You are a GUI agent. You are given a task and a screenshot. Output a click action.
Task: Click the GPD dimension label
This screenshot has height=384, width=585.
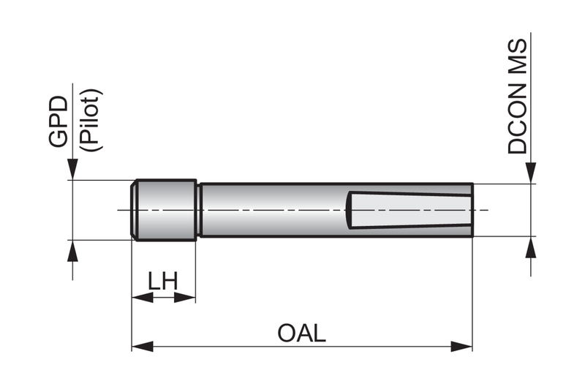pos(58,121)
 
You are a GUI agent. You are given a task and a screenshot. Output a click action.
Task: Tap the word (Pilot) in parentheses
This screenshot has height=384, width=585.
pos(91,120)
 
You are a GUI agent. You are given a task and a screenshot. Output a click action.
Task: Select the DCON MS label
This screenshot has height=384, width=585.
pos(518,96)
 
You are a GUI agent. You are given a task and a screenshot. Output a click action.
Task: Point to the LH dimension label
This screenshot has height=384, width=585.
pos(163,281)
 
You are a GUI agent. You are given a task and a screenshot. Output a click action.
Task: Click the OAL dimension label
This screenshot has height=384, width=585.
pos(301,334)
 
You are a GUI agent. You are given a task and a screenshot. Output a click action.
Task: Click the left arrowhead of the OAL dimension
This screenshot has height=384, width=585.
pos(143,346)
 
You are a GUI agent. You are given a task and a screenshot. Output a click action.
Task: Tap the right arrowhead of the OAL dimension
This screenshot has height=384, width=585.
pos(461,346)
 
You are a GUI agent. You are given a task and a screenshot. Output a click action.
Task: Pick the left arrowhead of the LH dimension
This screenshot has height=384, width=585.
pos(143,298)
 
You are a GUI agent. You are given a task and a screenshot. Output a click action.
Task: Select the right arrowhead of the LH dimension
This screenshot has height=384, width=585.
pos(185,298)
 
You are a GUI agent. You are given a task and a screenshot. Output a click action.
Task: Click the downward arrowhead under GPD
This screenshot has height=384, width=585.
pos(72,169)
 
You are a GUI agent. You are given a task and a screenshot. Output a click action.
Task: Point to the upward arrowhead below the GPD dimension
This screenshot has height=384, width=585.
pos(72,251)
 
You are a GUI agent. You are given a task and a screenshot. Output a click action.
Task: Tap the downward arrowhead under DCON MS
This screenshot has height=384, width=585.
pos(531,173)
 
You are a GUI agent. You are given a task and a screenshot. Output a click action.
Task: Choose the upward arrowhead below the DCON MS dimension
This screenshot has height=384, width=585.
pos(531,247)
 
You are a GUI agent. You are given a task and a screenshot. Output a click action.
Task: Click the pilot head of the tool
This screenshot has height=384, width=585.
pos(163,210)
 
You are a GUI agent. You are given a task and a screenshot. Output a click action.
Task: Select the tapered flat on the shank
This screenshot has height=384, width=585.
pos(409,210)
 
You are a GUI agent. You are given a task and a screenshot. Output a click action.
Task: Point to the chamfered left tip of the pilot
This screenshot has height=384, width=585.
pos(134,210)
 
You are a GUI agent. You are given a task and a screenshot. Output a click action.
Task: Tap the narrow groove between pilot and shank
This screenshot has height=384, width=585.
pos(199,210)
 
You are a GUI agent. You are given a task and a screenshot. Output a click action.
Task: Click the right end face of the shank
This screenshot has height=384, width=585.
pos(472,210)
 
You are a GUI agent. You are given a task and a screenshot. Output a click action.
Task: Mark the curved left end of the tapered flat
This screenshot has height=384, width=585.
pos(348,210)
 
